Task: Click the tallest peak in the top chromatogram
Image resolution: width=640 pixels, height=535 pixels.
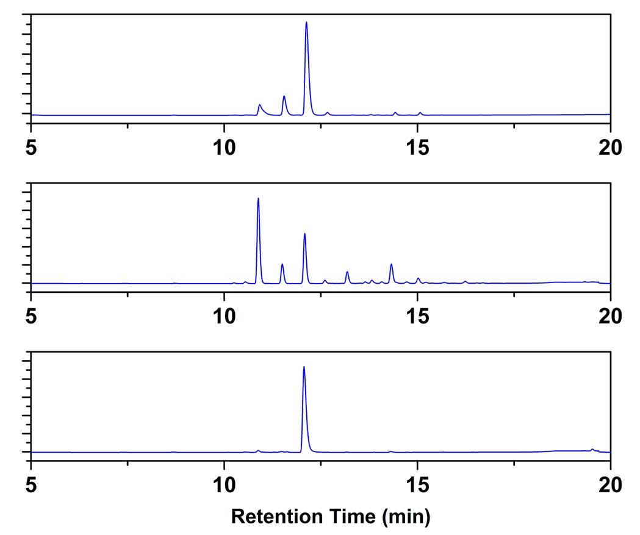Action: pos(306,24)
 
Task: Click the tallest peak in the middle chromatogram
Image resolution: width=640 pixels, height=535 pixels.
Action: pos(258,200)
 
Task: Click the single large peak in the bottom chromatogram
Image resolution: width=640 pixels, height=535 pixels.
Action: pos(304,368)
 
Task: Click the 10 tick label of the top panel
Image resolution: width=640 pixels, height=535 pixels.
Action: pos(224,147)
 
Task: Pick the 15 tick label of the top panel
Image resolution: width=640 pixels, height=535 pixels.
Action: pos(417,147)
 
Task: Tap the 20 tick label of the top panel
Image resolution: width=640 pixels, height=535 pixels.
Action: pos(610,147)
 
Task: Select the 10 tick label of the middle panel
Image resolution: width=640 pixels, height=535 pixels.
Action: pos(224,316)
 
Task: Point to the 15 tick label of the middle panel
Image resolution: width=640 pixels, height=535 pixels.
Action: pos(417,316)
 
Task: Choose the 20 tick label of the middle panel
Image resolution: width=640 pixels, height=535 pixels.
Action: pos(610,316)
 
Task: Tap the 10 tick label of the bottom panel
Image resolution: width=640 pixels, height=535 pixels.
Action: pos(224,484)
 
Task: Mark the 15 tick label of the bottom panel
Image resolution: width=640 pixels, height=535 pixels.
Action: pos(417,484)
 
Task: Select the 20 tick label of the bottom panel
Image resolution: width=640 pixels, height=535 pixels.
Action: pos(610,484)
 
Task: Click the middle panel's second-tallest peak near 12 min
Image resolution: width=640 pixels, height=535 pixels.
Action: pos(304,235)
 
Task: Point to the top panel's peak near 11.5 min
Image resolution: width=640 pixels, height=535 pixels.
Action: pos(284,98)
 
